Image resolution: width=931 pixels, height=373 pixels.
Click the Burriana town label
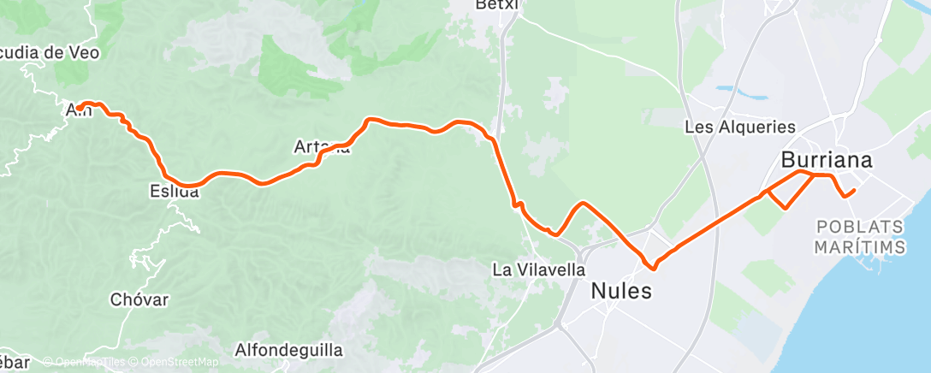pyautogui.click(x=826, y=160)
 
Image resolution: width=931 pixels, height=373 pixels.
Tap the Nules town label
pyautogui.click(x=621, y=291)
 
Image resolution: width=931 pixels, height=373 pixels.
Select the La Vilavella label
pyautogui.click(x=538, y=269)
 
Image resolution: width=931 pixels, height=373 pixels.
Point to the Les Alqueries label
pyautogui.click(x=740, y=127)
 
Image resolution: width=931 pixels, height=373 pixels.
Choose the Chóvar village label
pyautogui.click(x=139, y=299)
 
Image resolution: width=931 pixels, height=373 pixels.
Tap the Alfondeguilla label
pyautogui.click(x=288, y=350)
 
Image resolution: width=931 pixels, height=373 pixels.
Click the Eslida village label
pyautogui.click(x=174, y=192)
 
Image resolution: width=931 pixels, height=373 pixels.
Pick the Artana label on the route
pyautogui.click(x=322, y=147)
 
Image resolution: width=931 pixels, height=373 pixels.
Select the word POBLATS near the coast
pyautogui.click(x=859, y=228)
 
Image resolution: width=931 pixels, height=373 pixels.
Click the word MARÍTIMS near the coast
pyautogui.click(x=860, y=246)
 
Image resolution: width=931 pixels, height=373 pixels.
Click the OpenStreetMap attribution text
pyautogui.click(x=175, y=362)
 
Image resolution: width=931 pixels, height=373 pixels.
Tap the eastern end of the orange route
pyautogui.click(x=853, y=190)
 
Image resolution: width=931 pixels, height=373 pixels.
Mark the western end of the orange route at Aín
pyautogui.click(x=78, y=108)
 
